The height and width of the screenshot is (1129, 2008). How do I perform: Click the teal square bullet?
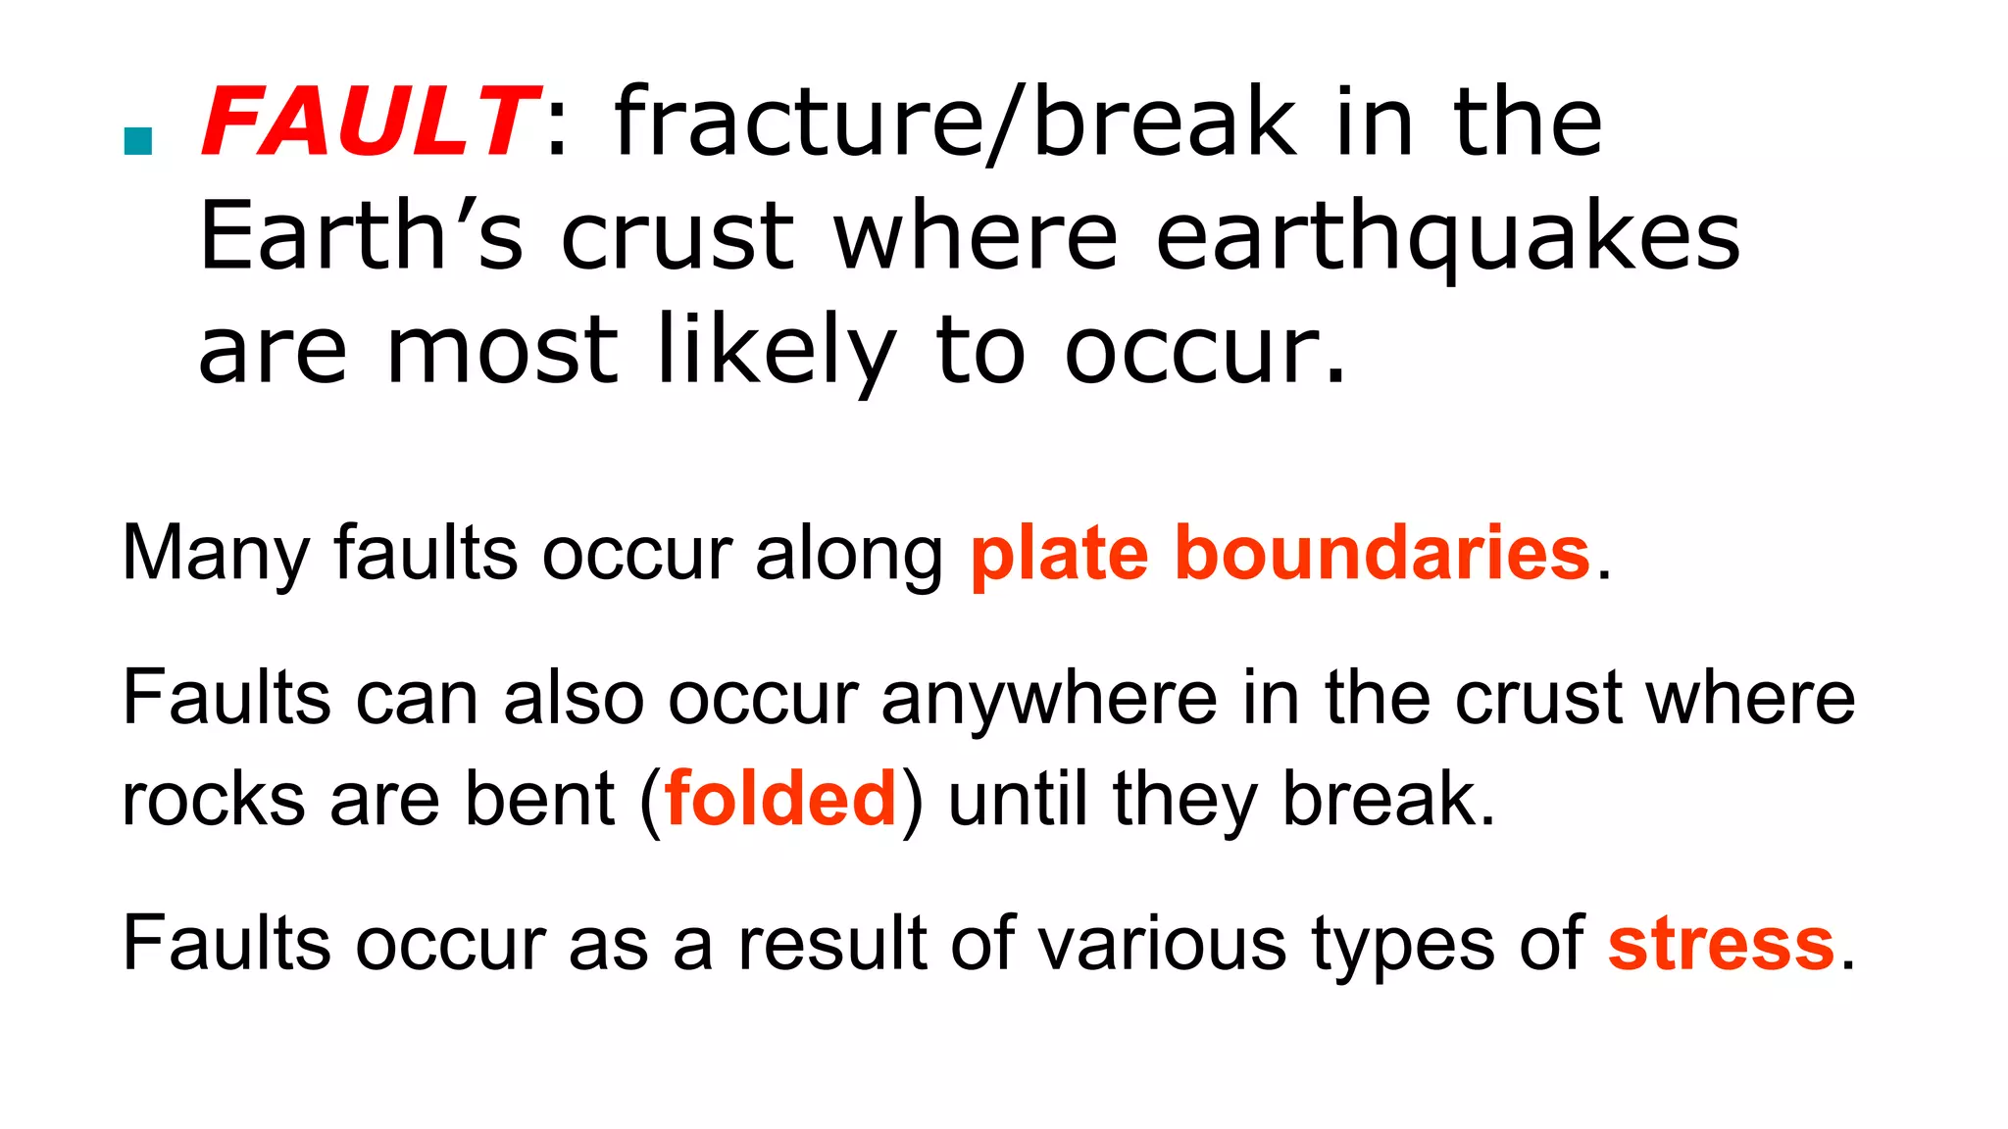138,142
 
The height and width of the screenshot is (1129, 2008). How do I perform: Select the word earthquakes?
1447,238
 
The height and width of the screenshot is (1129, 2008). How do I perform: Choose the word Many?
215,555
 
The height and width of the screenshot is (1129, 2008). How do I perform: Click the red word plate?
1059,555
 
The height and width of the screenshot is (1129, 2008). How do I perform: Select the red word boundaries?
1381,553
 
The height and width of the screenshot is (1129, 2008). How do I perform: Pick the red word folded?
780,799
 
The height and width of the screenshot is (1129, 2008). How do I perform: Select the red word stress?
1721,944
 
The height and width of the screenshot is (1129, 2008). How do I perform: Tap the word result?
831,944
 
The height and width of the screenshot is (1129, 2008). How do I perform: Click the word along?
849,555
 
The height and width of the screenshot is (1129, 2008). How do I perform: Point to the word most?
502,351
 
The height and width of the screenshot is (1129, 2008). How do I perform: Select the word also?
574,699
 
